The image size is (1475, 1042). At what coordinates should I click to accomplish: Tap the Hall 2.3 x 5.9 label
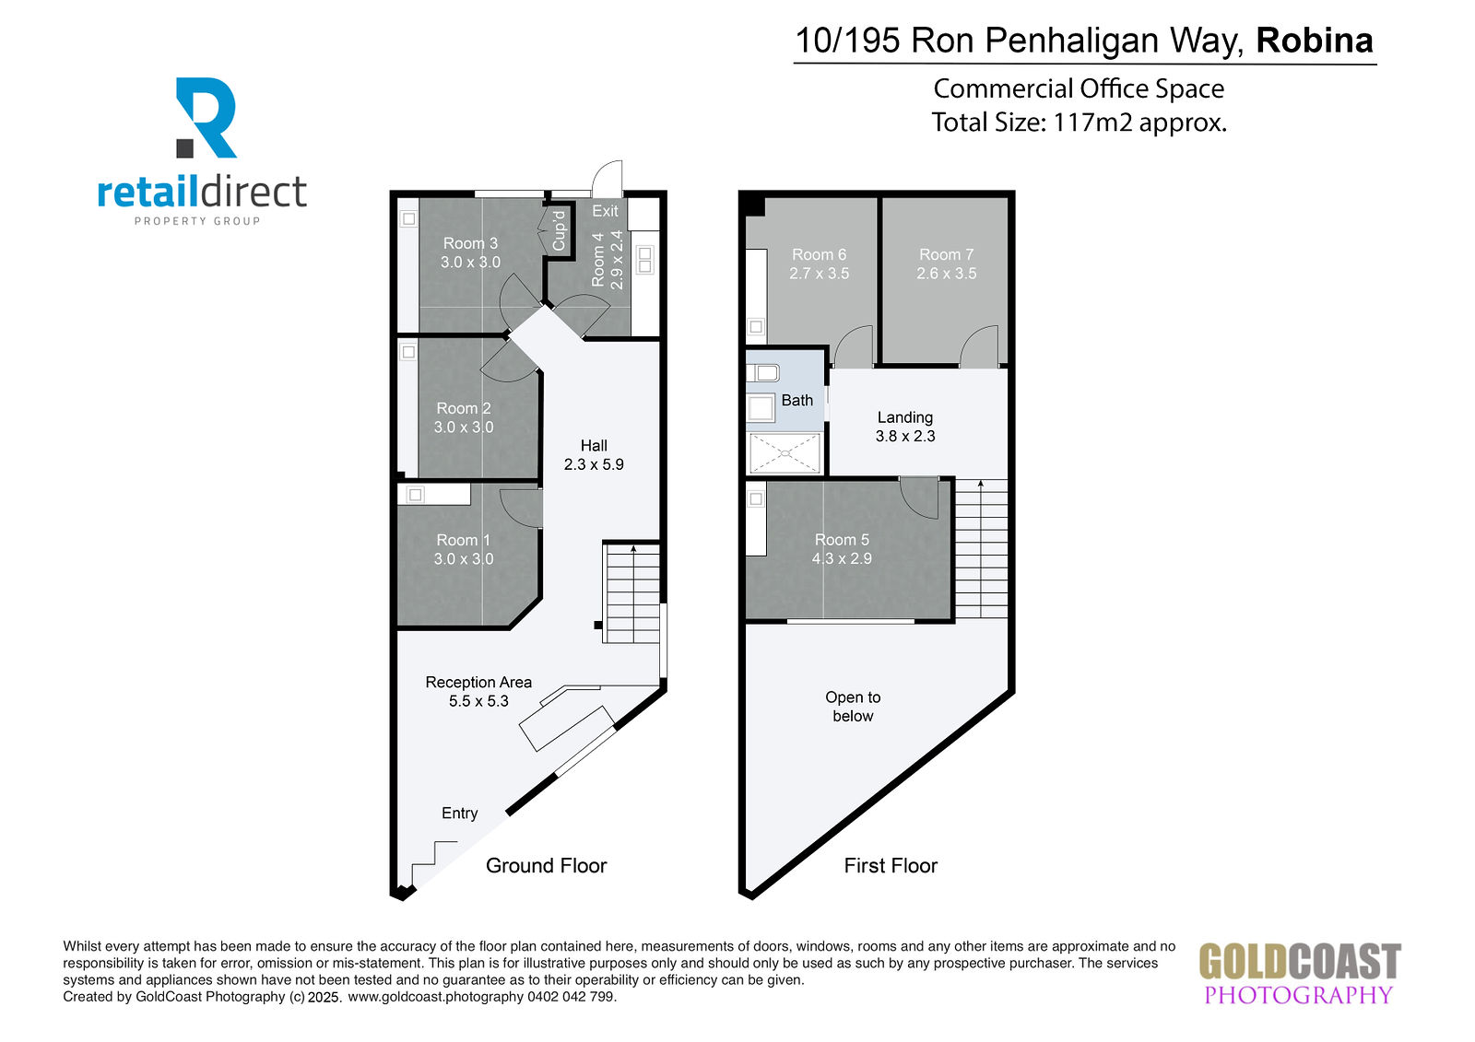pos(594,455)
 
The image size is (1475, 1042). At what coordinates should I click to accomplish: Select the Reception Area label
pos(478,682)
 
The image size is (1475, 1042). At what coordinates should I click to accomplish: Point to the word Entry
pos(460,814)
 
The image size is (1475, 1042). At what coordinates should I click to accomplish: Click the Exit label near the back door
pos(605,211)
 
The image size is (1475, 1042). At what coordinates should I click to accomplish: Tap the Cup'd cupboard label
pos(559,231)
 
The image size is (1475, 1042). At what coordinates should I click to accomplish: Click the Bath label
pos(796,400)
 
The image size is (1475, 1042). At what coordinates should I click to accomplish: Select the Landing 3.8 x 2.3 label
pos(904,427)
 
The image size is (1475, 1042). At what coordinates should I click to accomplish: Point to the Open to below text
pos(853,707)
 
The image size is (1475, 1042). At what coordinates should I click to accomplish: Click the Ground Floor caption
pos(547,866)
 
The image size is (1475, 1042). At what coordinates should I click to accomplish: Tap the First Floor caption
pos(891,866)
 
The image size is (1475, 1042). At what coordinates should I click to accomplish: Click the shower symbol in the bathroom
pos(785,453)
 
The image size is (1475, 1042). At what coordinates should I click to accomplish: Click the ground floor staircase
pos(632,592)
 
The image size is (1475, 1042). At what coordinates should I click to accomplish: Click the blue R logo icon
pos(206,118)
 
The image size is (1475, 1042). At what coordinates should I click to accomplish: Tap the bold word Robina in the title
pos(1315,41)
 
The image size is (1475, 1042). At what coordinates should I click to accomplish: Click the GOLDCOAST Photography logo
pos(1299,973)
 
